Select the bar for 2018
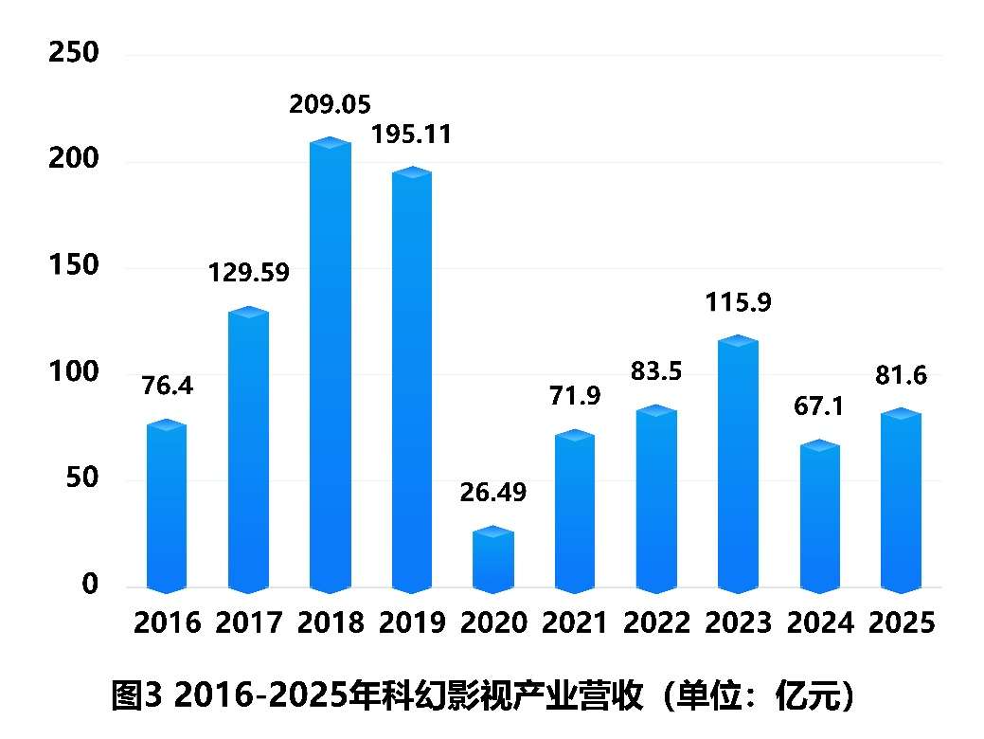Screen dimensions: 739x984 tap(331, 365)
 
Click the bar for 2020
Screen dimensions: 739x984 tap(493, 559)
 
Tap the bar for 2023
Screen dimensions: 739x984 tap(738, 464)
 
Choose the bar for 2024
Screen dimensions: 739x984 tap(819, 515)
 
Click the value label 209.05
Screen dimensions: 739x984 tap(331, 103)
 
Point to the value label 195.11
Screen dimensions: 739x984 tap(412, 135)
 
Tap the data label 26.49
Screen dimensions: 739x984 tap(492, 493)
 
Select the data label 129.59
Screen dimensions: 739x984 tap(249, 274)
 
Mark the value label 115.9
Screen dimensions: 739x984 tap(738, 303)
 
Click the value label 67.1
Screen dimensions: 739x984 tap(819, 406)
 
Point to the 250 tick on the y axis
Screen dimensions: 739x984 tap(74, 53)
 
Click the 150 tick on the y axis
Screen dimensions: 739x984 tap(74, 265)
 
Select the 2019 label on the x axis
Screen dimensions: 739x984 tap(412, 622)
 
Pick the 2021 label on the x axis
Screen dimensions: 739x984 tap(575, 622)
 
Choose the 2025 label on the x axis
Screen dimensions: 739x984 tap(901, 622)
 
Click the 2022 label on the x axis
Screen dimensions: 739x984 tap(656, 622)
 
